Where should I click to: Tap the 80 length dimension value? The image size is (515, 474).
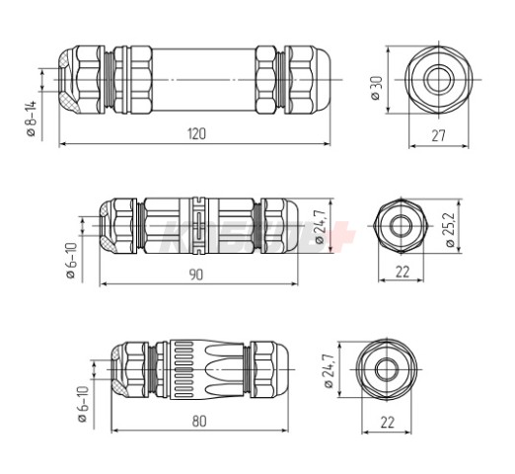200,422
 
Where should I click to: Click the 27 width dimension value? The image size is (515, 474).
442,136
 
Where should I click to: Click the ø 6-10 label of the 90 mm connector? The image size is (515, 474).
70,261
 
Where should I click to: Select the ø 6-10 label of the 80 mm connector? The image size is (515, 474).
83,405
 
